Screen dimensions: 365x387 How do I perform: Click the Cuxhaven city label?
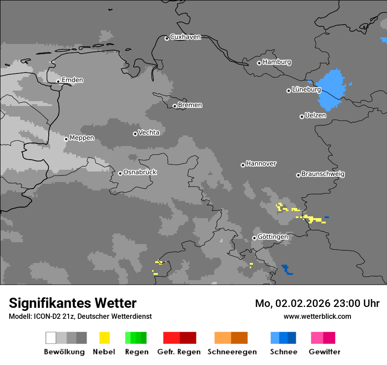pyautogui.click(x=185, y=37)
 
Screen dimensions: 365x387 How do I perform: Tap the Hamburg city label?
pyautogui.click(x=277, y=62)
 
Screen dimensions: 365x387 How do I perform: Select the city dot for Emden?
pyautogui.click(x=58, y=81)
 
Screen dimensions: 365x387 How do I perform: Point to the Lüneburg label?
pyautogui.click(x=306, y=90)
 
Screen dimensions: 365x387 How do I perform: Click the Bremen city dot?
pyautogui.click(x=175, y=106)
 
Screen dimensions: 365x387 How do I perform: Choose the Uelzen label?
pyautogui.click(x=315, y=116)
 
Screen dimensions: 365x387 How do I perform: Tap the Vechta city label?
pyautogui.click(x=149, y=133)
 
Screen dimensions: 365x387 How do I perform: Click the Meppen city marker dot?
pyautogui.click(x=66, y=139)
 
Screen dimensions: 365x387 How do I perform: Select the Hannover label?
pyautogui.click(x=261, y=164)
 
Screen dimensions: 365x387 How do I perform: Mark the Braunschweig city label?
pyautogui.click(x=323, y=174)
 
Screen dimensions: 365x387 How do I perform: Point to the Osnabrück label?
pyautogui.click(x=140, y=172)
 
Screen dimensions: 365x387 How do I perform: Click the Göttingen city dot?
pyautogui.click(x=254, y=238)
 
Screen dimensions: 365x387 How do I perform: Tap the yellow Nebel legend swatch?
pyautogui.click(x=104, y=338)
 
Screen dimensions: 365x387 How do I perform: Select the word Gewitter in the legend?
pyautogui.click(x=324, y=352)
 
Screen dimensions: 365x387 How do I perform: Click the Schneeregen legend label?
pyautogui.click(x=232, y=352)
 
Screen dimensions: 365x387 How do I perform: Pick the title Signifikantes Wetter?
pyautogui.click(x=73, y=303)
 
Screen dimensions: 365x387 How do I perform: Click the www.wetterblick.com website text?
pyautogui.click(x=317, y=316)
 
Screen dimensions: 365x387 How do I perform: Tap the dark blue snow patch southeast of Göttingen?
pyautogui.click(x=287, y=269)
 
